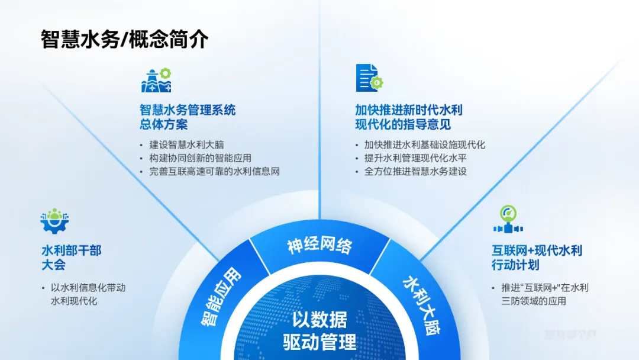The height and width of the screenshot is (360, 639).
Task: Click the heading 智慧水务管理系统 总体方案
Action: [x=188, y=117]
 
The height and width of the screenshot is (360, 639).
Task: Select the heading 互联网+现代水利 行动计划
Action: [x=537, y=257]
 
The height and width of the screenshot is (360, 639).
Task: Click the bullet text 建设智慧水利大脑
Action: [x=187, y=144]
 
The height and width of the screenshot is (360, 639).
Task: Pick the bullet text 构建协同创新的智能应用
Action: [x=201, y=158]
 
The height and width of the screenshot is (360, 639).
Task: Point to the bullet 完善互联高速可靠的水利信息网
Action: [x=214, y=172]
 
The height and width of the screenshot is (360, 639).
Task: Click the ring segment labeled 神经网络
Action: [x=319, y=245]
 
